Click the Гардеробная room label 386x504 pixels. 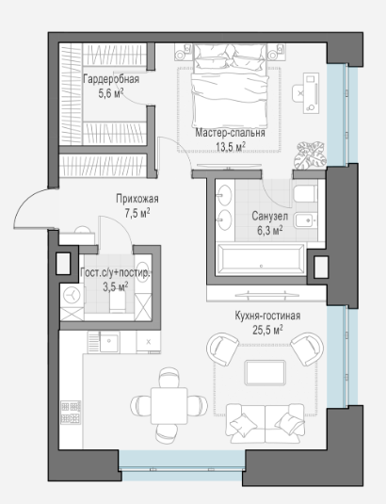[x=111, y=79]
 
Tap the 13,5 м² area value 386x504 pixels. [x=231, y=147]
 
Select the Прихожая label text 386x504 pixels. [x=137, y=199]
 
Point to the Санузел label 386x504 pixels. [x=270, y=216]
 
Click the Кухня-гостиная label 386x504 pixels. [x=267, y=316]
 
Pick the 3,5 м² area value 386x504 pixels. [x=116, y=286]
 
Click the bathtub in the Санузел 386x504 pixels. [x=261, y=260]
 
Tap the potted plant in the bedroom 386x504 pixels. [x=310, y=154]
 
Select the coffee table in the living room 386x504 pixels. [x=265, y=372]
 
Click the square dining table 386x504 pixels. [x=169, y=406]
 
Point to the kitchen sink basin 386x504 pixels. [x=109, y=342]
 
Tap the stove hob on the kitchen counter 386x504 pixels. [x=71, y=412]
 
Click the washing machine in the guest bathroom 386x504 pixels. [x=72, y=295]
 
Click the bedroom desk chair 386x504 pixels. [x=298, y=93]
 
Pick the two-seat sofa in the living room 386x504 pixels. [x=265, y=424]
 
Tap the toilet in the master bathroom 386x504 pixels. [x=305, y=193]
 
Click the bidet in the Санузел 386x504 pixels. [x=306, y=220]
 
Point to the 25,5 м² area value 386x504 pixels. [x=267, y=330]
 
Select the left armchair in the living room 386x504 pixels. [x=222, y=350]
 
